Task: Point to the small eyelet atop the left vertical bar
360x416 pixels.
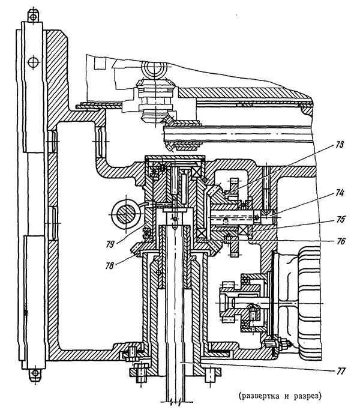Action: [x=35, y=15]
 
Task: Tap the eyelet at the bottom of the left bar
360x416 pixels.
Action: [x=35, y=374]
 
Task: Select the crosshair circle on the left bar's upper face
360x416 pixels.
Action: [x=32, y=61]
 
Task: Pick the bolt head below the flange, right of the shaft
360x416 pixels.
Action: [x=211, y=375]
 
